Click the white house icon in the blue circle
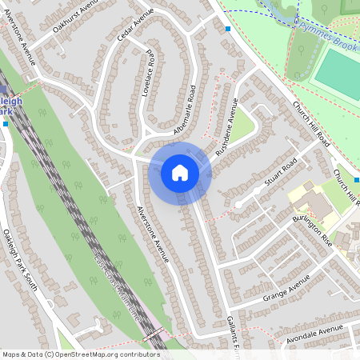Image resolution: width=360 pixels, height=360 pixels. pyautogui.click(x=180, y=172)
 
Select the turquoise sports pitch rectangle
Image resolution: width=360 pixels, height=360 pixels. pyautogui.click(x=336, y=72)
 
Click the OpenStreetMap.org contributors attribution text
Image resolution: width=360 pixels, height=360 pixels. pyautogui.click(x=103, y=354)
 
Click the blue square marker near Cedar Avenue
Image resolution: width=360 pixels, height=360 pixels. pyautogui.click(x=228, y=29)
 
